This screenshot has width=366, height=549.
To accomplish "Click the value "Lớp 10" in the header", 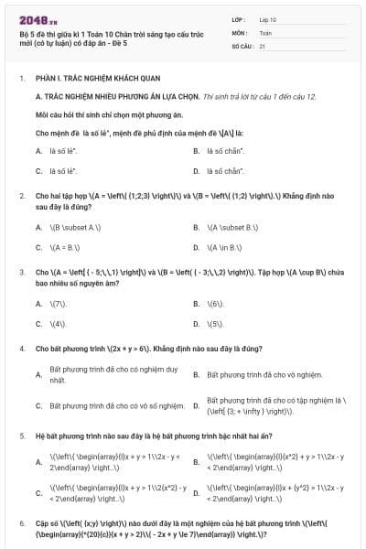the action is click(268, 19).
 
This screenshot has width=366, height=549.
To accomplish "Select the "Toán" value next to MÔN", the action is click(265, 31).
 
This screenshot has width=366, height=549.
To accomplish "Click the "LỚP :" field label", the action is click(240, 19).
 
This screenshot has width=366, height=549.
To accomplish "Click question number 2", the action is click(22, 196).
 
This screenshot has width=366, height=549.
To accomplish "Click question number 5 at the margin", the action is click(22, 436).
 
